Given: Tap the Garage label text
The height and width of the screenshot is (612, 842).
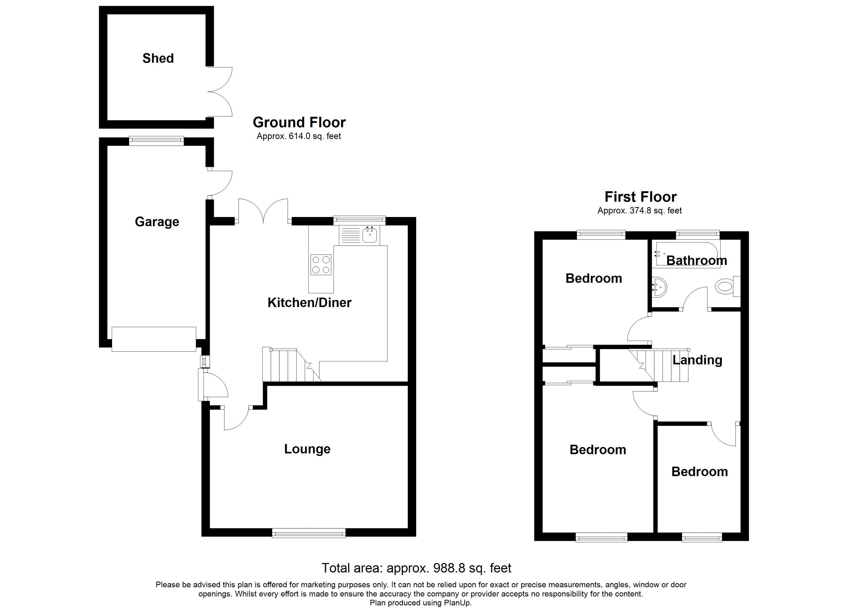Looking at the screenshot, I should coord(157,222).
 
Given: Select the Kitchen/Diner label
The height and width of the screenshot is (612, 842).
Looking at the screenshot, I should coord(309,302).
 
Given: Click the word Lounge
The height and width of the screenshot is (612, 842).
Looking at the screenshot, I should coord(307,449).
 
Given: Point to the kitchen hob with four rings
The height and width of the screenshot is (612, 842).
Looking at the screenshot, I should coord(321,265).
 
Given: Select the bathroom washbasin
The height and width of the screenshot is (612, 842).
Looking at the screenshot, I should coord(659,287).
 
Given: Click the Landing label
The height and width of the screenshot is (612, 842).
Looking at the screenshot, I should coord(697,360).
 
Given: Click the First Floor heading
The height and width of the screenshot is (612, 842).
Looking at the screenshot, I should coord(640,197).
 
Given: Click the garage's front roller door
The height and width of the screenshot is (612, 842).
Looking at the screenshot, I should coord(154,339).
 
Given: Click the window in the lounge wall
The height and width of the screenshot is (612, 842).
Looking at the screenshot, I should coord(308,533).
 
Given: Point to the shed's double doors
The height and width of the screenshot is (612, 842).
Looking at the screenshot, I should coord(220,92).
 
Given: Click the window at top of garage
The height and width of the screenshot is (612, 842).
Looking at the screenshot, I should coord(156,141).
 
